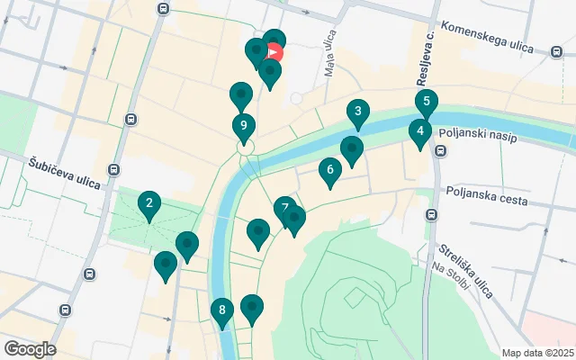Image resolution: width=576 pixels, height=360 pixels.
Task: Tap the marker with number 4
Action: coord(418,132)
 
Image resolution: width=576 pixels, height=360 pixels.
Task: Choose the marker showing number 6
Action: coord(330,169)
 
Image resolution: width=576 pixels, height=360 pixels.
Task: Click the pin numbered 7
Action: coord(284,210)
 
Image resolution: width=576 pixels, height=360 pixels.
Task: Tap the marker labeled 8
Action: coord(222,312)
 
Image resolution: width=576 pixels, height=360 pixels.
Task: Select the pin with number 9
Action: coord(242,127)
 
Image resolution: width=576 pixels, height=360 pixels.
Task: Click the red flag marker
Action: coord(274,52)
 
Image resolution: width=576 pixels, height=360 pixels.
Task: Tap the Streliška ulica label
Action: coord(465,269)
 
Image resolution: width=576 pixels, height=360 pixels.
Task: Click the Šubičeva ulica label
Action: coord(59,162)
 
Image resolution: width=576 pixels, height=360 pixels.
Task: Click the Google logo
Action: coord(30,349)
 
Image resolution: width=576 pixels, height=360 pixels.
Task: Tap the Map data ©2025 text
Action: coord(536,353)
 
